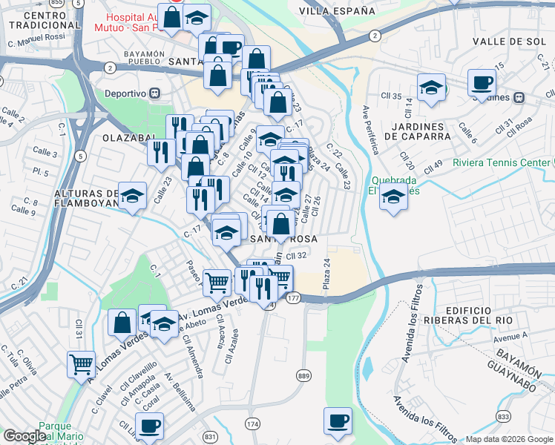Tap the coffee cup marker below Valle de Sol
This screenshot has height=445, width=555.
coord(482,82)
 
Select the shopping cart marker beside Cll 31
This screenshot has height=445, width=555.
coord(81,364)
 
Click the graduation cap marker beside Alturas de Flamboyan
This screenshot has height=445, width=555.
coord(132,197)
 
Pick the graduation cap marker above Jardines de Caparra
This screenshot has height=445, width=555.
coord(430,88)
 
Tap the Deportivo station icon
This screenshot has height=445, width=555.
coord(155,93)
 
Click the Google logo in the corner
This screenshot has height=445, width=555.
coord(24,437)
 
